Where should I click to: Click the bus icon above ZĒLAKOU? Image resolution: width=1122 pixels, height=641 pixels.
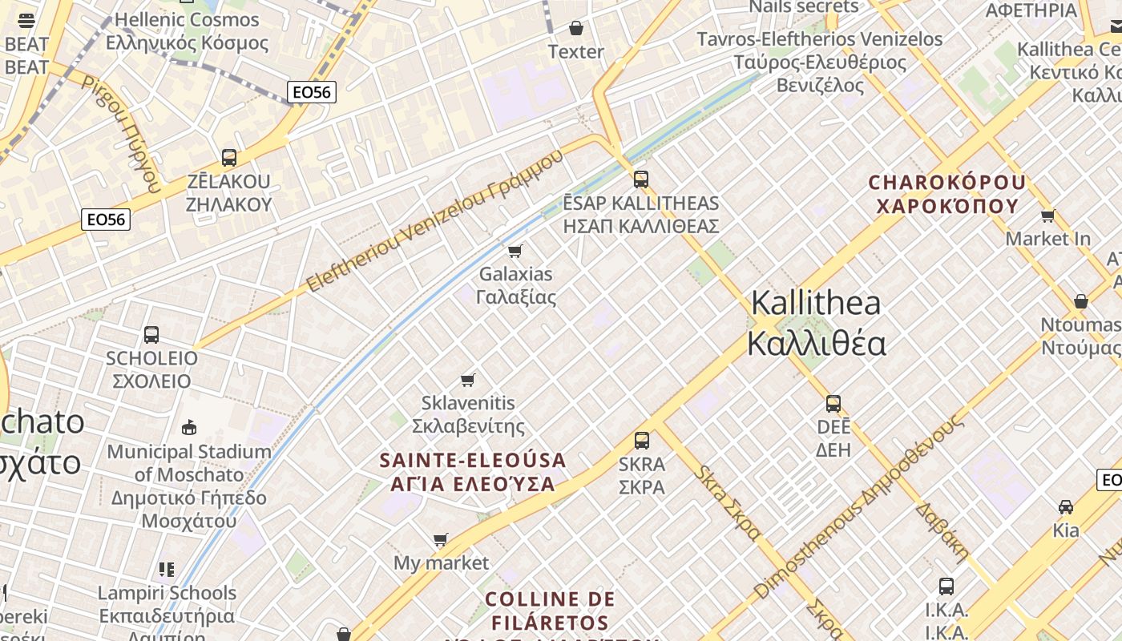coord(229,158)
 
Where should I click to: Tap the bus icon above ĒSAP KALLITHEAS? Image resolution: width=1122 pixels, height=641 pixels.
coord(640,179)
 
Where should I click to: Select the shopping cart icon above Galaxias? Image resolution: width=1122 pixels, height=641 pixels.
coord(515,251)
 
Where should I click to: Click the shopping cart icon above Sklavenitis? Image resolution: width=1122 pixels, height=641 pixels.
coord(468,380)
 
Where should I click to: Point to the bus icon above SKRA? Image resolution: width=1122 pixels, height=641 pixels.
coord(641,440)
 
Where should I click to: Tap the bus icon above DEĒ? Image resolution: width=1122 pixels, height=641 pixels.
coord(833,403)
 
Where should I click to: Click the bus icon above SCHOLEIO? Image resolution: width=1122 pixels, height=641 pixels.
coord(151,335)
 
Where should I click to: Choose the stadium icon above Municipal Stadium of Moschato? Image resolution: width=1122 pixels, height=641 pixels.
coord(189,427)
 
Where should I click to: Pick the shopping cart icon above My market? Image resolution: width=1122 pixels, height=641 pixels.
coord(440,540)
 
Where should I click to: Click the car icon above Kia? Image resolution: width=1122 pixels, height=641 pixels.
coord(1065,507)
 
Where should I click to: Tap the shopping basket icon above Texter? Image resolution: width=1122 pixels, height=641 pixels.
coord(575,29)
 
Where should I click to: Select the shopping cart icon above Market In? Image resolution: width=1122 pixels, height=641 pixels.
coord(1047,216)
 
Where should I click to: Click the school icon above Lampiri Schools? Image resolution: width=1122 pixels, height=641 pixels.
coord(167,570)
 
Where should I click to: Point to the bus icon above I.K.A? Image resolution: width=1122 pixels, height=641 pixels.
coord(946,586)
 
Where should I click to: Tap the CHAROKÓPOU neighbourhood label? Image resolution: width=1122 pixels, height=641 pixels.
coord(947,194)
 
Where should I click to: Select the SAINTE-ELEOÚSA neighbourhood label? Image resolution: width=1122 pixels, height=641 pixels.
coord(472,472)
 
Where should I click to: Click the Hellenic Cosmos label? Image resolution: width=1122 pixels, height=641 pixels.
coord(188,30)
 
